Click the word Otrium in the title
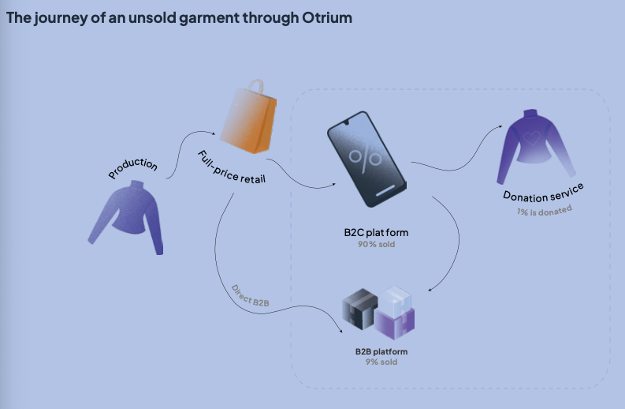pos(328,18)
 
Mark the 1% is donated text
pos(545,210)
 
